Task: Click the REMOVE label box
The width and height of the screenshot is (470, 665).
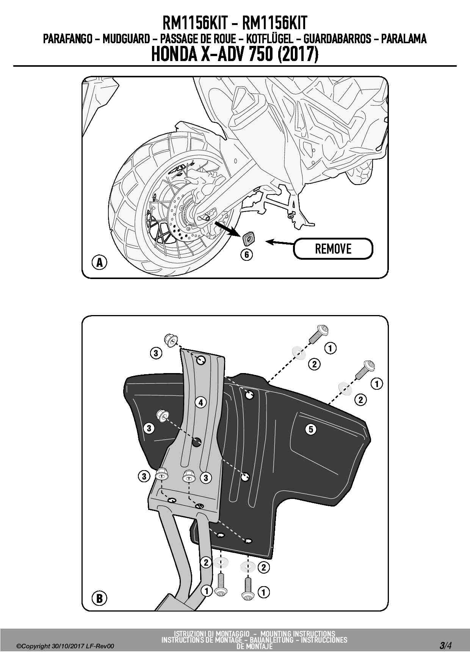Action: [333, 249]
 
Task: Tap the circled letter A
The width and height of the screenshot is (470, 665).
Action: [99, 262]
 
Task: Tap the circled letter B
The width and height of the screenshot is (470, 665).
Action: [99, 598]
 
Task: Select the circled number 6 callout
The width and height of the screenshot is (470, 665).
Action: [247, 254]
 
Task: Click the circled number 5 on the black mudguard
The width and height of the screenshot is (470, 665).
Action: [311, 429]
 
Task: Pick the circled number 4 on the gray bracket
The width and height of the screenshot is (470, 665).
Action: [201, 402]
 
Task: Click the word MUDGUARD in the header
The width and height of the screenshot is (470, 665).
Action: [126, 38]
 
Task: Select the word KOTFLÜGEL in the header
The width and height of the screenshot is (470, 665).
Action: [271, 38]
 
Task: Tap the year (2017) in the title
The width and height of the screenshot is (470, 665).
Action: [298, 54]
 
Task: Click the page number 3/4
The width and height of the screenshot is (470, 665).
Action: [445, 645]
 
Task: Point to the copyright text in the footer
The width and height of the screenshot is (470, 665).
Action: [65, 646]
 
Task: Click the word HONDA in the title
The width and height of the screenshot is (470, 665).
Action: [174, 54]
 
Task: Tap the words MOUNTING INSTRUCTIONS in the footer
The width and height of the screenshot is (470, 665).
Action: [298, 634]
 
